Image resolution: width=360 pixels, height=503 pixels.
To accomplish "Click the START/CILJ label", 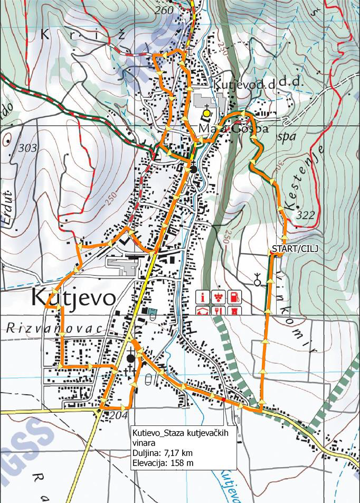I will [x=289, y=248].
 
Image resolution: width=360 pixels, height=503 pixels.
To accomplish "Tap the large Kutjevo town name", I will [x=73, y=298].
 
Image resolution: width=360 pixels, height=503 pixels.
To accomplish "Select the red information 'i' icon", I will [x=204, y=296].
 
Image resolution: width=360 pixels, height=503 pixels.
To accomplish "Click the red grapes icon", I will [x=217, y=296].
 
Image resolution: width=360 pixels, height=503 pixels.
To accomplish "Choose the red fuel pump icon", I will [x=231, y=296].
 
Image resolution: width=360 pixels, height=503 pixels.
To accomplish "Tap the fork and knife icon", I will [x=217, y=310].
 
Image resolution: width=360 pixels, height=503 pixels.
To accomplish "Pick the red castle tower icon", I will [x=231, y=310].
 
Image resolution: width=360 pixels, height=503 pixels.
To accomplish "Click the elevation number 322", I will [x=306, y=215].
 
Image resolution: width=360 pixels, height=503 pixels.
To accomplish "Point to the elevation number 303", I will [x=27, y=148].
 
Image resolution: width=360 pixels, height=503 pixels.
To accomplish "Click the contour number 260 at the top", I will [x=165, y=11].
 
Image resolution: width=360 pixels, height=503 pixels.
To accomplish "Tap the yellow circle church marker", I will [x=206, y=113].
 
